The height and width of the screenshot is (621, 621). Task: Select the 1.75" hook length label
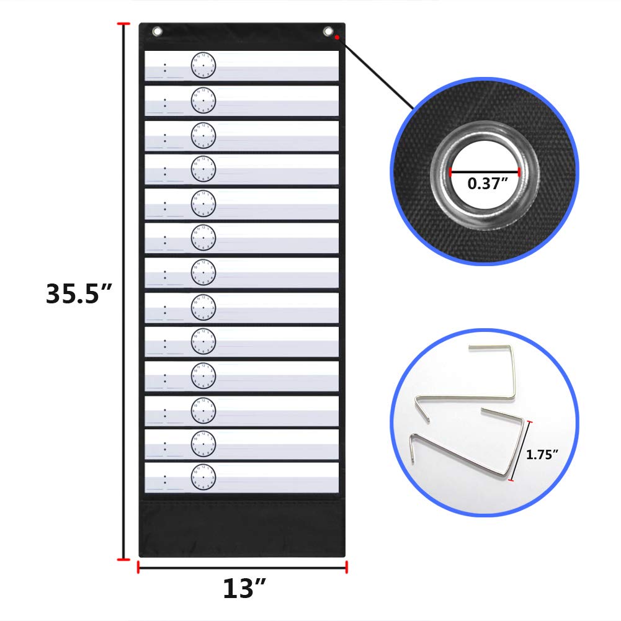coord(542,454)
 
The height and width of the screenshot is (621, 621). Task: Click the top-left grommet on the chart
coord(157,31)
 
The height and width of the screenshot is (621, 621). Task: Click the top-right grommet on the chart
coord(328,31)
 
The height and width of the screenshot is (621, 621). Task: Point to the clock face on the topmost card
coord(203,65)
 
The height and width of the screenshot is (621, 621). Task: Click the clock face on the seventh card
coord(203,270)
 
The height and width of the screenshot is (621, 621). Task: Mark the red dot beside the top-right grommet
coord(336,38)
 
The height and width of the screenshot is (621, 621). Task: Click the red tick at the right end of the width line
coord(346,566)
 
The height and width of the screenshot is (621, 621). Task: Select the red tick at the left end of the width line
coord(138,566)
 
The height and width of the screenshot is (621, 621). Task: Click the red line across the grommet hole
coord(485,171)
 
